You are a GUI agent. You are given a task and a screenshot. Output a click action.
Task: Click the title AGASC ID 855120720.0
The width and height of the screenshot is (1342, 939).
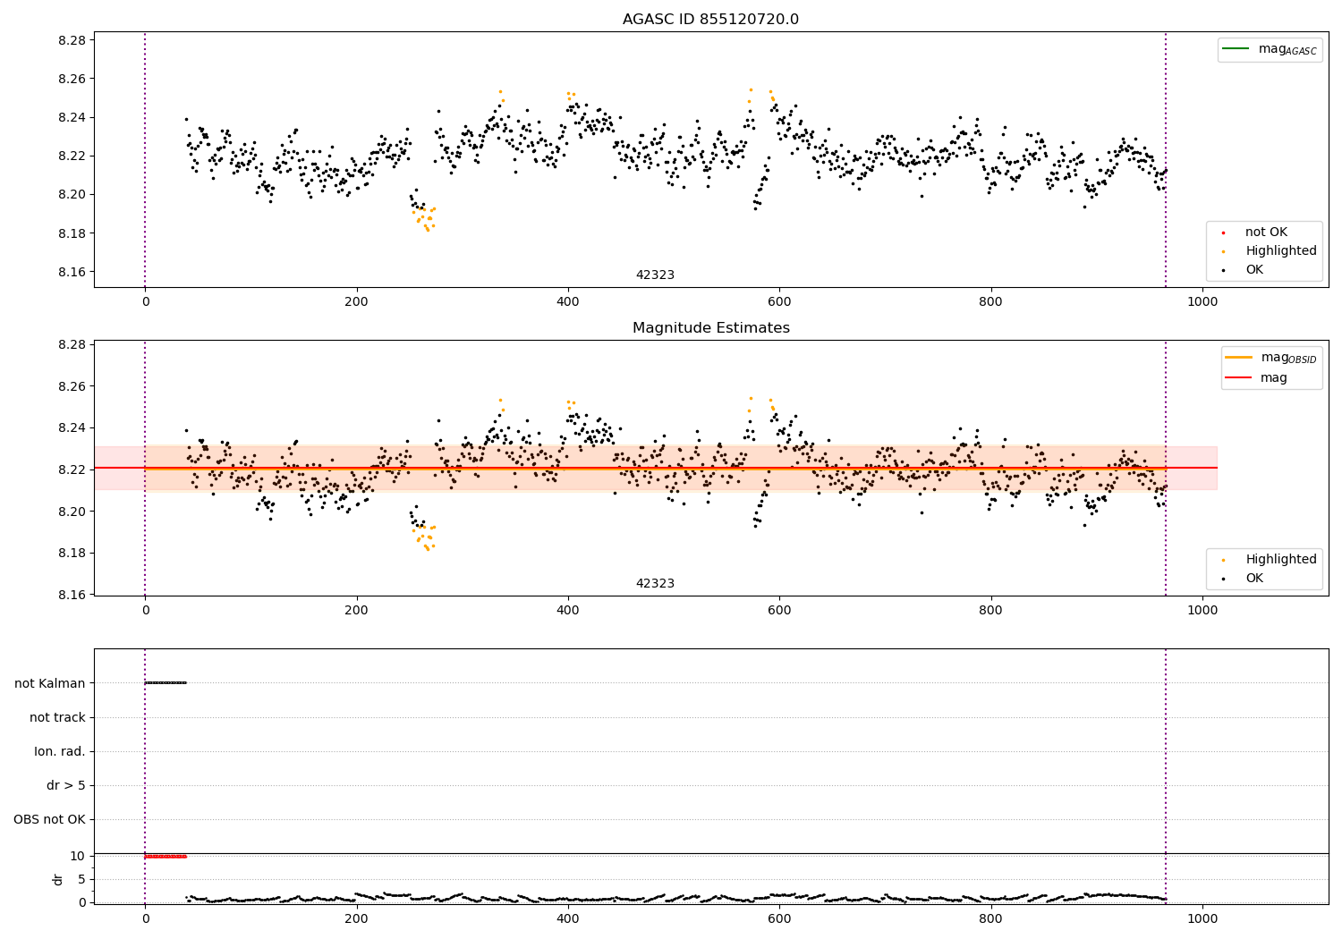[x=710, y=20]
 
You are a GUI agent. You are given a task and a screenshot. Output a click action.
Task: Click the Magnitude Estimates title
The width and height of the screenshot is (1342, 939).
[x=710, y=328]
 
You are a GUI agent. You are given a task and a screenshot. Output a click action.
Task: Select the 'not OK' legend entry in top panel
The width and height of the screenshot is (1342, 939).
[x=1266, y=233]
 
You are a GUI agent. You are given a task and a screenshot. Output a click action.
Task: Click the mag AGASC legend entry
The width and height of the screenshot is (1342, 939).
[x=1287, y=49]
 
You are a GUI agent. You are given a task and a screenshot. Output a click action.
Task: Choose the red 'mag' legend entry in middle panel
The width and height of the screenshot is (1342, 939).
[x=1273, y=377]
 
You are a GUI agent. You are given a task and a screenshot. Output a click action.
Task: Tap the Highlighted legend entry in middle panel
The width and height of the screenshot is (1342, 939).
[x=1280, y=559]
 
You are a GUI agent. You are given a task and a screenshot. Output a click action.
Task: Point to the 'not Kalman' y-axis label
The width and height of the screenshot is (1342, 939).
[x=50, y=683]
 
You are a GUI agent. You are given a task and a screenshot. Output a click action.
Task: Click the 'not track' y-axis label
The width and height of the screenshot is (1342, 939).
[x=57, y=717]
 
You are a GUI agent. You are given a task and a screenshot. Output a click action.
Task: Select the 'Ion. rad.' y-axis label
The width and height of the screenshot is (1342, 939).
[x=60, y=751]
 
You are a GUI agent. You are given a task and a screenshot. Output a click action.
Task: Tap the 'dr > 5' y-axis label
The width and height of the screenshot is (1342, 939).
[x=66, y=785]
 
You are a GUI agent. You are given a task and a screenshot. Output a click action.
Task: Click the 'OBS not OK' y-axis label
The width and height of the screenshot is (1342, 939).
[x=49, y=819]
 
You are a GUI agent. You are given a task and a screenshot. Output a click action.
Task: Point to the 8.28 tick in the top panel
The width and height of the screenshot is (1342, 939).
[x=72, y=40]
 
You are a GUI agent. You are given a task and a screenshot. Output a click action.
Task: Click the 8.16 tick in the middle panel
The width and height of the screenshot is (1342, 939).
[x=72, y=595]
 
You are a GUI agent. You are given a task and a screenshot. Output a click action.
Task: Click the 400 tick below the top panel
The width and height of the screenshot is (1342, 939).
[x=567, y=301]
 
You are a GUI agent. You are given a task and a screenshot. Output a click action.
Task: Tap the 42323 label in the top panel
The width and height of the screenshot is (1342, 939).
[x=655, y=275]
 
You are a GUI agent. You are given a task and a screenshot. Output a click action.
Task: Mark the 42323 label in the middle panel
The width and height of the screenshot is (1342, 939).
[x=655, y=584]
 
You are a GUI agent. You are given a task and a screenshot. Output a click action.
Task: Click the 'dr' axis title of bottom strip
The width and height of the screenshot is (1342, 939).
[x=58, y=879]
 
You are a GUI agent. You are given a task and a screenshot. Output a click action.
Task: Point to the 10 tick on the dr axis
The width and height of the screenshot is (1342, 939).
[x=78, y=856]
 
